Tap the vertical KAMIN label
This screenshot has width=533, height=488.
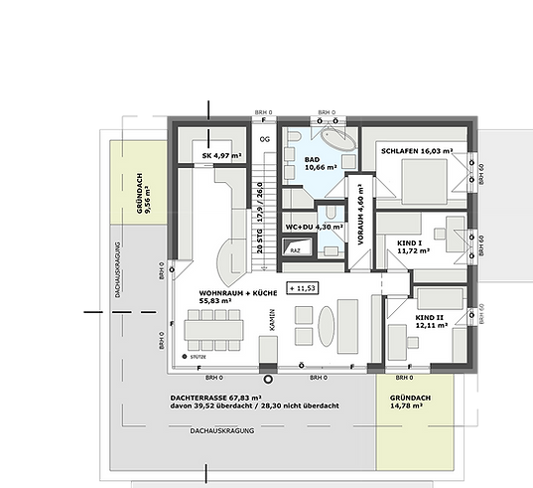[270, 319]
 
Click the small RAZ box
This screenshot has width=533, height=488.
[295, 251]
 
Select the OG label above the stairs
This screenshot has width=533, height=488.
[263, 139]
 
